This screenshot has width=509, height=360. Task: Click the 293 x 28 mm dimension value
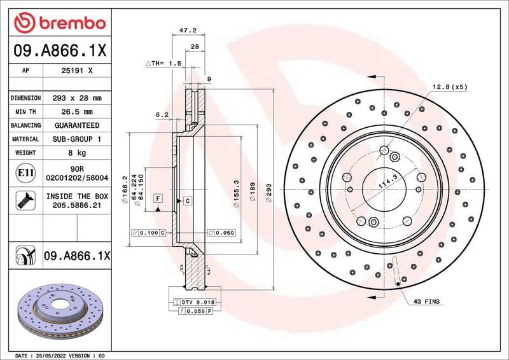(76, 98)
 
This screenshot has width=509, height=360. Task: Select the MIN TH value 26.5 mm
(76, 112)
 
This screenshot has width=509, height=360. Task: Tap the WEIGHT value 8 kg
(76, 153)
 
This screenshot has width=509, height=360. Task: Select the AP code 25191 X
(76, 71)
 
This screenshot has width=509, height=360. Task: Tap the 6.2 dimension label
(162, 115)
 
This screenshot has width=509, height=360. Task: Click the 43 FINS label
(426, 301)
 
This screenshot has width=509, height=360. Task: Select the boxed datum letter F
(157, 199)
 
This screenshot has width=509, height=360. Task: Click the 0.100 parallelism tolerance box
(148, 233)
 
